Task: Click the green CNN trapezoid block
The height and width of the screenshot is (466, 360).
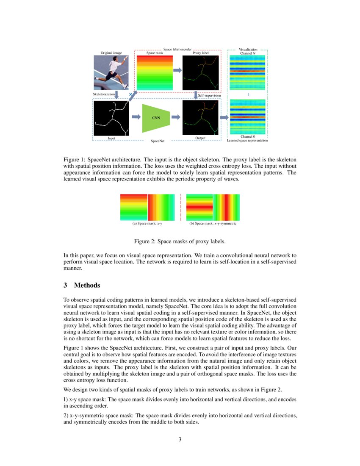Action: click(156, 117)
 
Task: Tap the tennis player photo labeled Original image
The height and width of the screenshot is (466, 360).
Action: click(111, 73)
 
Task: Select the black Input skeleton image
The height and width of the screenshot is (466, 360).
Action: click(111, 117)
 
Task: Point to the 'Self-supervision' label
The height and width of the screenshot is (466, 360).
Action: click(210, 96)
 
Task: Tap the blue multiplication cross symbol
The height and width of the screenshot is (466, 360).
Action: click(130, 94)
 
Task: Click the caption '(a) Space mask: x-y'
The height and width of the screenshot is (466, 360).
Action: click(147, 223)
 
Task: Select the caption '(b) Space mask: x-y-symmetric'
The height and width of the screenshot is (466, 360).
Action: click(213, 223)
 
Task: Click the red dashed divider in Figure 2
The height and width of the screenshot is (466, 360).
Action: click(180, 207)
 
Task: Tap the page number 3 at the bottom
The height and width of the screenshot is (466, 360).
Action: click(180, 439)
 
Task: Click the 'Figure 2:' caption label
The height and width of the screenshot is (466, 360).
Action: click(146, 241)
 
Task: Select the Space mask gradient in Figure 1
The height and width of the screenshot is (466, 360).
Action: click(155, 73)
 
